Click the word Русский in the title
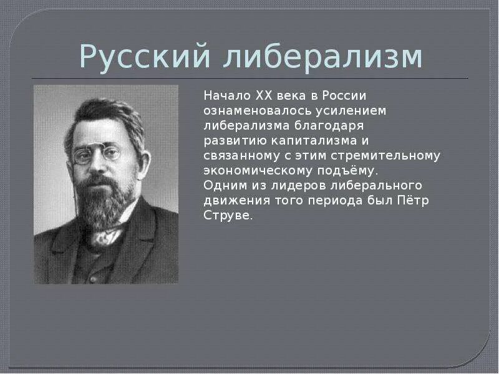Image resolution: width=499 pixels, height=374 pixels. [x=142, y=58]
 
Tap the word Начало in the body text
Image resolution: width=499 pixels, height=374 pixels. [x=226, y=95]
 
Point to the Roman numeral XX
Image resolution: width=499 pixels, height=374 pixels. [x=262, y=95]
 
